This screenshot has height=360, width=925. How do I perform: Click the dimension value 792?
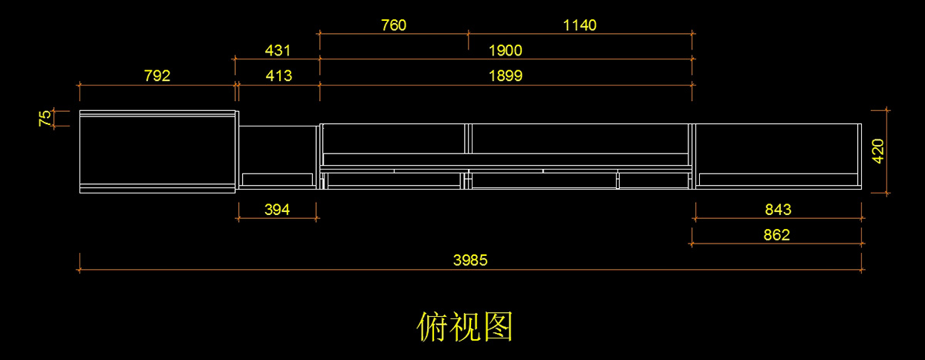pos(156,76)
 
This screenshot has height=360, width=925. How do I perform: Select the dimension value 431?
pos(277,51)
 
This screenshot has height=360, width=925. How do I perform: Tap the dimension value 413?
pos(277,76)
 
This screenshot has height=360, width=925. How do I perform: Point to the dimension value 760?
pos(393,25)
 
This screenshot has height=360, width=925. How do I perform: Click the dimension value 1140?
pos(580,25)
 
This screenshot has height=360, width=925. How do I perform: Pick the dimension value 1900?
pos(506,51)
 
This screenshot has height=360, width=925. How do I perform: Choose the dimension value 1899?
pos(506,76)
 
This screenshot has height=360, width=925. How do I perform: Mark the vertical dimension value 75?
pos(45,118)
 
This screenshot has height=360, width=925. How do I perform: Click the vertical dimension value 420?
pos(878,151)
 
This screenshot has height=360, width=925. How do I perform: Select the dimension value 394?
pos(277,210)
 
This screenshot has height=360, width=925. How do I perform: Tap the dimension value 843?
pos(778,210)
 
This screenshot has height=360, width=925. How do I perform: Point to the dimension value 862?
pos(776,235)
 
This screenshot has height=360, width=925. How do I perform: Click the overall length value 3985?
pos(469,261)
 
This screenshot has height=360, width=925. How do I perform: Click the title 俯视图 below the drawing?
pos(465,328)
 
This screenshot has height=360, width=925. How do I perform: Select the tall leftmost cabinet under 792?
pos(157,150)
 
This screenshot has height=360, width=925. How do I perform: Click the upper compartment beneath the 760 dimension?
pos(393,139)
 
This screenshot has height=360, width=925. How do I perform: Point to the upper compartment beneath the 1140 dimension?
pos(579,139)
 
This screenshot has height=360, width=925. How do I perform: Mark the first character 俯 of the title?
pos(432,328)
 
